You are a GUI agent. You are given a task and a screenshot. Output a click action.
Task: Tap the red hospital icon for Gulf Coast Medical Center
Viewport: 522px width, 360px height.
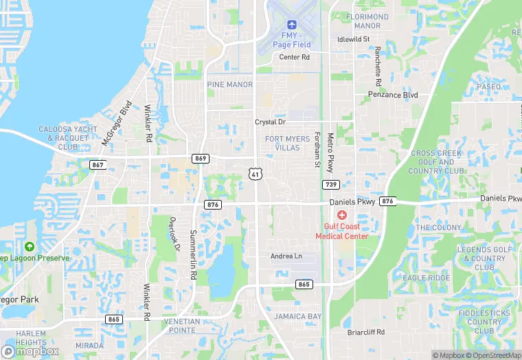pyautogui.click(x=341, y=215)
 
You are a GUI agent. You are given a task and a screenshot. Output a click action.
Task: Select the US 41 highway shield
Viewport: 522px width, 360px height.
pyautogui.click(x=255, y=173)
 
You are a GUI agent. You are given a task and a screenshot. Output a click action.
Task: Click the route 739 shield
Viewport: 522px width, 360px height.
pyautogui.click(x=330, y=184)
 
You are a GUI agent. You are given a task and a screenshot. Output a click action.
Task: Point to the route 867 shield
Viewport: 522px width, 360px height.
pyautogui.click(x=98, y=165)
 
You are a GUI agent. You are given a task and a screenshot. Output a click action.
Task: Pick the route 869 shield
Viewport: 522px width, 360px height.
pyautogui.click(x=201, y=158)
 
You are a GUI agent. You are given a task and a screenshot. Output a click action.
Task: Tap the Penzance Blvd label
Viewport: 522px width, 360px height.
pyautogui.click(x=393, y=94)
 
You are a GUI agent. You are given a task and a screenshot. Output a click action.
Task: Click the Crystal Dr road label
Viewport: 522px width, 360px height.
pyautogui.click(x=270, y=122)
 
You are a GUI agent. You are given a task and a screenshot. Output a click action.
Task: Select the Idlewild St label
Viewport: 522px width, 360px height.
pyautogui.click(x=354, y=39)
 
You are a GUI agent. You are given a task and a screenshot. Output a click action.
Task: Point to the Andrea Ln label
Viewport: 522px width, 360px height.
pyautogui.click(x=286, y=256)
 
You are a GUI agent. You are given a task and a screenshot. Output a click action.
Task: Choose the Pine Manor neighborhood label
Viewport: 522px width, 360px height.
pyautogui.click(x=229, y=85)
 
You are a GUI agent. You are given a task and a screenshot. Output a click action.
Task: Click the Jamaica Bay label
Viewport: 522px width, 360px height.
pyautogui.click(x=297, y=316)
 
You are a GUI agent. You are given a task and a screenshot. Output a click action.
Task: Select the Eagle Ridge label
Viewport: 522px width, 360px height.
pyautogui.click(x=426, y=278)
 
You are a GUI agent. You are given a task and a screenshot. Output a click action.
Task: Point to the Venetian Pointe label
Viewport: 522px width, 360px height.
pyautogui.click(x=183, y=326)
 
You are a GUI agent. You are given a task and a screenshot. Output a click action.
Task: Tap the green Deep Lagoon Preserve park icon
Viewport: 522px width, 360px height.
pyautogui.click(x=29, y=246)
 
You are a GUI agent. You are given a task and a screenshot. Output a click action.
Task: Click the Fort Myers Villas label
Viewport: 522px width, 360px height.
pyautogui.click(x=287, y=143)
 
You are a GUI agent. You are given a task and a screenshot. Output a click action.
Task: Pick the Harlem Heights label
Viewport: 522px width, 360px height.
pyautogui.click(x=30, y=338)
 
